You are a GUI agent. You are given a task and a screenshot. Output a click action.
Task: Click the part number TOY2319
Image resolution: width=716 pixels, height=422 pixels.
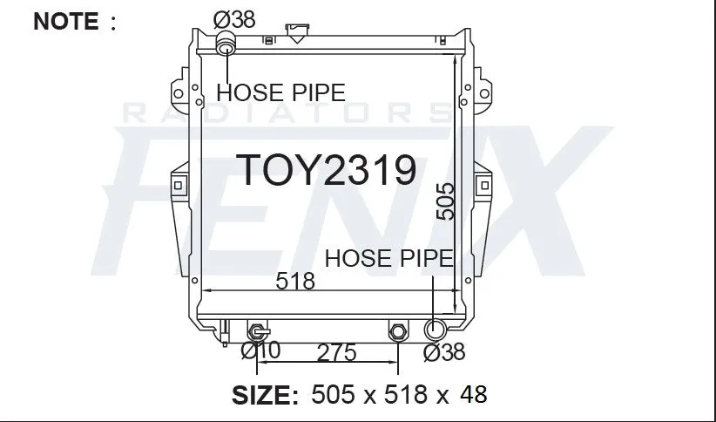coord(326,170)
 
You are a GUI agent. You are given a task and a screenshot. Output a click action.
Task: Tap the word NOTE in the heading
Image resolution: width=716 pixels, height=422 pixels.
coord(65,21)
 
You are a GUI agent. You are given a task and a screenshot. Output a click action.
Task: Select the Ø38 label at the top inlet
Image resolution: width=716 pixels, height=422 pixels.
coord(234,20)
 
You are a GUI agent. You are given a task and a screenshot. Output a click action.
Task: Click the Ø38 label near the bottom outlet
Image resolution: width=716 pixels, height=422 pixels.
coord(444,352)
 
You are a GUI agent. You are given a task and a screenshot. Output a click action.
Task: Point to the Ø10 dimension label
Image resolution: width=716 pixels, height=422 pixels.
coord(260,351)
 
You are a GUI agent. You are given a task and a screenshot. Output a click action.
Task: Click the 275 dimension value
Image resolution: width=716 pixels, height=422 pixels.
coord(336,353)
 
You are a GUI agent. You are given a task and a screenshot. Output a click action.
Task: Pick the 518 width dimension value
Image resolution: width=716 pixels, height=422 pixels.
coord(295,281)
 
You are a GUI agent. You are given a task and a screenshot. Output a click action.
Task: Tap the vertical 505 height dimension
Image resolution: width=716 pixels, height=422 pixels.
coord(445,201)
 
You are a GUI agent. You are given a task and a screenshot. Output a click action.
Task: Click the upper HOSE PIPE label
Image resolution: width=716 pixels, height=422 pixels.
coord(280,92)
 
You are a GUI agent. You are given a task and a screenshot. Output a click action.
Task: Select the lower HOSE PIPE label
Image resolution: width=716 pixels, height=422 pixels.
coord(389,258)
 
